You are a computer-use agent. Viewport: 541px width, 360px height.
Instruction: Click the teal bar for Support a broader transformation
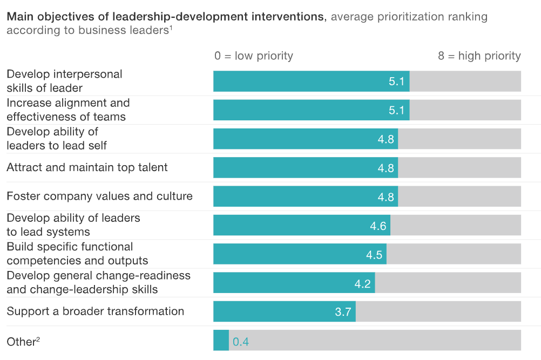coord(284,311)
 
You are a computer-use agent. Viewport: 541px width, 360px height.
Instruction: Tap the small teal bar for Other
coord(221,341)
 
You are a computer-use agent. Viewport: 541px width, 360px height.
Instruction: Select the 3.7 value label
coord(343,312)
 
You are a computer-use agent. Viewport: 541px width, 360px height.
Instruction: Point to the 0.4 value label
coord(241,341)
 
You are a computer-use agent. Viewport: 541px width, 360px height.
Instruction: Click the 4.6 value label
coord(378,226)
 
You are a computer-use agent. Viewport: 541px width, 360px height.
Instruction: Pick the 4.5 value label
coord(374,255)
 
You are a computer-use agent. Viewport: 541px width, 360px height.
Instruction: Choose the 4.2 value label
coord(363,283)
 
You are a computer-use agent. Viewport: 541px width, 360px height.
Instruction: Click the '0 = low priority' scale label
coord(253,56)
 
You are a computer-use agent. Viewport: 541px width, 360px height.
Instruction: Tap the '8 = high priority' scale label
coord(479,56)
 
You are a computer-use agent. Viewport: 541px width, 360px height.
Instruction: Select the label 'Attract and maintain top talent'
coord(87,167)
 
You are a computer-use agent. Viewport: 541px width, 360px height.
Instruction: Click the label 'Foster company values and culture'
coord(99,196)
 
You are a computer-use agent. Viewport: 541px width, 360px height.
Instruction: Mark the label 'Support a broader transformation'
coord(95,311)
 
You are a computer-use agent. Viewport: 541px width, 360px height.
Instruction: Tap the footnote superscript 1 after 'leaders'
coord(171,28)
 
